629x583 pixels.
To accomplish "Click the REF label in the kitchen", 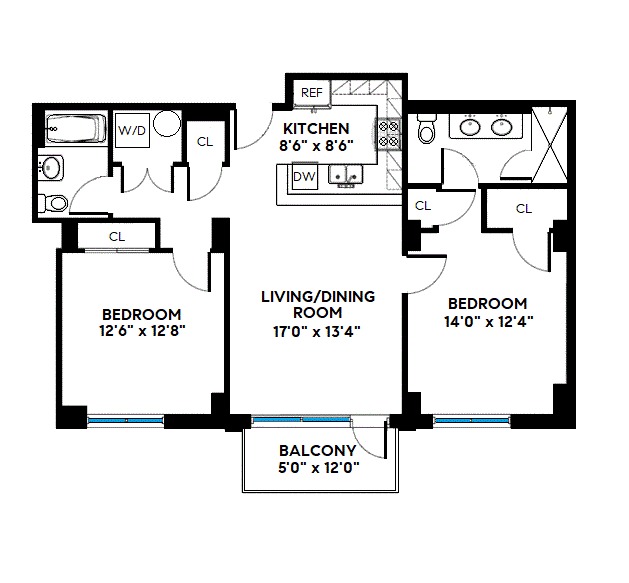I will coord(311,93).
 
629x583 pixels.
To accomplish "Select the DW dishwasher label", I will coord(304,177).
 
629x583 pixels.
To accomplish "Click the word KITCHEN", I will coord(316,129).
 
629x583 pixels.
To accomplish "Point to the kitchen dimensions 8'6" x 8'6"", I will coord(316,145).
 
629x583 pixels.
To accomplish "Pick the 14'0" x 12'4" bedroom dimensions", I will coord(486,320).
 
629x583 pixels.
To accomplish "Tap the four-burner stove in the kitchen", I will coord(388,135).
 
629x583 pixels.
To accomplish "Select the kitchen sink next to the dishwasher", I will coord(348,177).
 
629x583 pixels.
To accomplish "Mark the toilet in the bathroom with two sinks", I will coord(427,131).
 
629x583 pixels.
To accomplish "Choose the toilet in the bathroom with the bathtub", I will coord(57,204).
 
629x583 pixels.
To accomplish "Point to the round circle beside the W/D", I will coord(168,125).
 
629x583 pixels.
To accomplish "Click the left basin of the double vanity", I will coord(470,127).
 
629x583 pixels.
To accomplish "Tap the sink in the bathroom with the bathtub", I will coord(49,167).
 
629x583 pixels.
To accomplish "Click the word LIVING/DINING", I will coord(317,297).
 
